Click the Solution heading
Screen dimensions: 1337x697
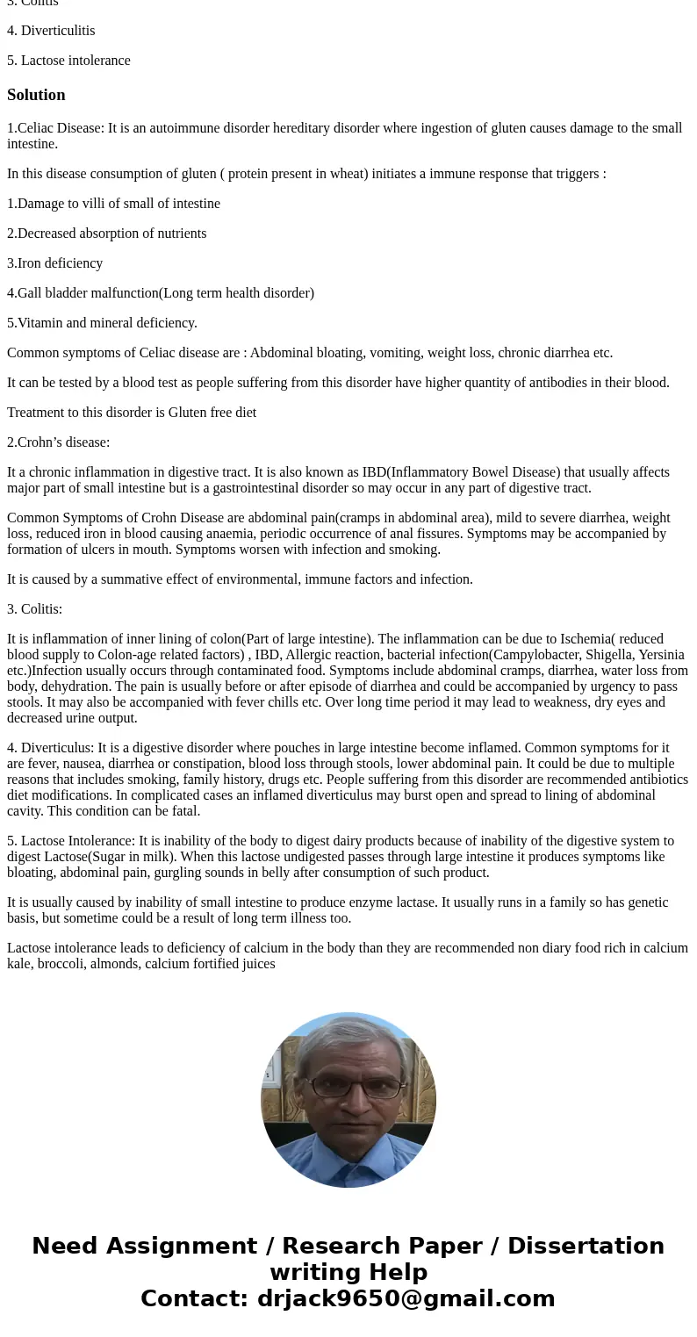(36, 95)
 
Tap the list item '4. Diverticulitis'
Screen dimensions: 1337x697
(51, 31)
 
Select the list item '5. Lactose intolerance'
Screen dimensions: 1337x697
(68, 61)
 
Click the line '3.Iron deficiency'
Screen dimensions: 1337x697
(54, 263)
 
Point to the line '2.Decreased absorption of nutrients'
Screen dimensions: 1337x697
(106, 234)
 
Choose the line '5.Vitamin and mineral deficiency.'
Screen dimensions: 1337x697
(102, 323)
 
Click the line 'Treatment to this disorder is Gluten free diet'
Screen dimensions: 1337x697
(132, 413)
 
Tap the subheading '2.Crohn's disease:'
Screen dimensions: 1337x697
(58, 442)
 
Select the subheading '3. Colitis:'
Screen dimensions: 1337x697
(34, 609)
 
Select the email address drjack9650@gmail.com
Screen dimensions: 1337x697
(406, 1298)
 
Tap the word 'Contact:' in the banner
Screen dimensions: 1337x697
(194, 1298)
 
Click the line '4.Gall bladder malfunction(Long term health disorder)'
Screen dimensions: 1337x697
(161, 293)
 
